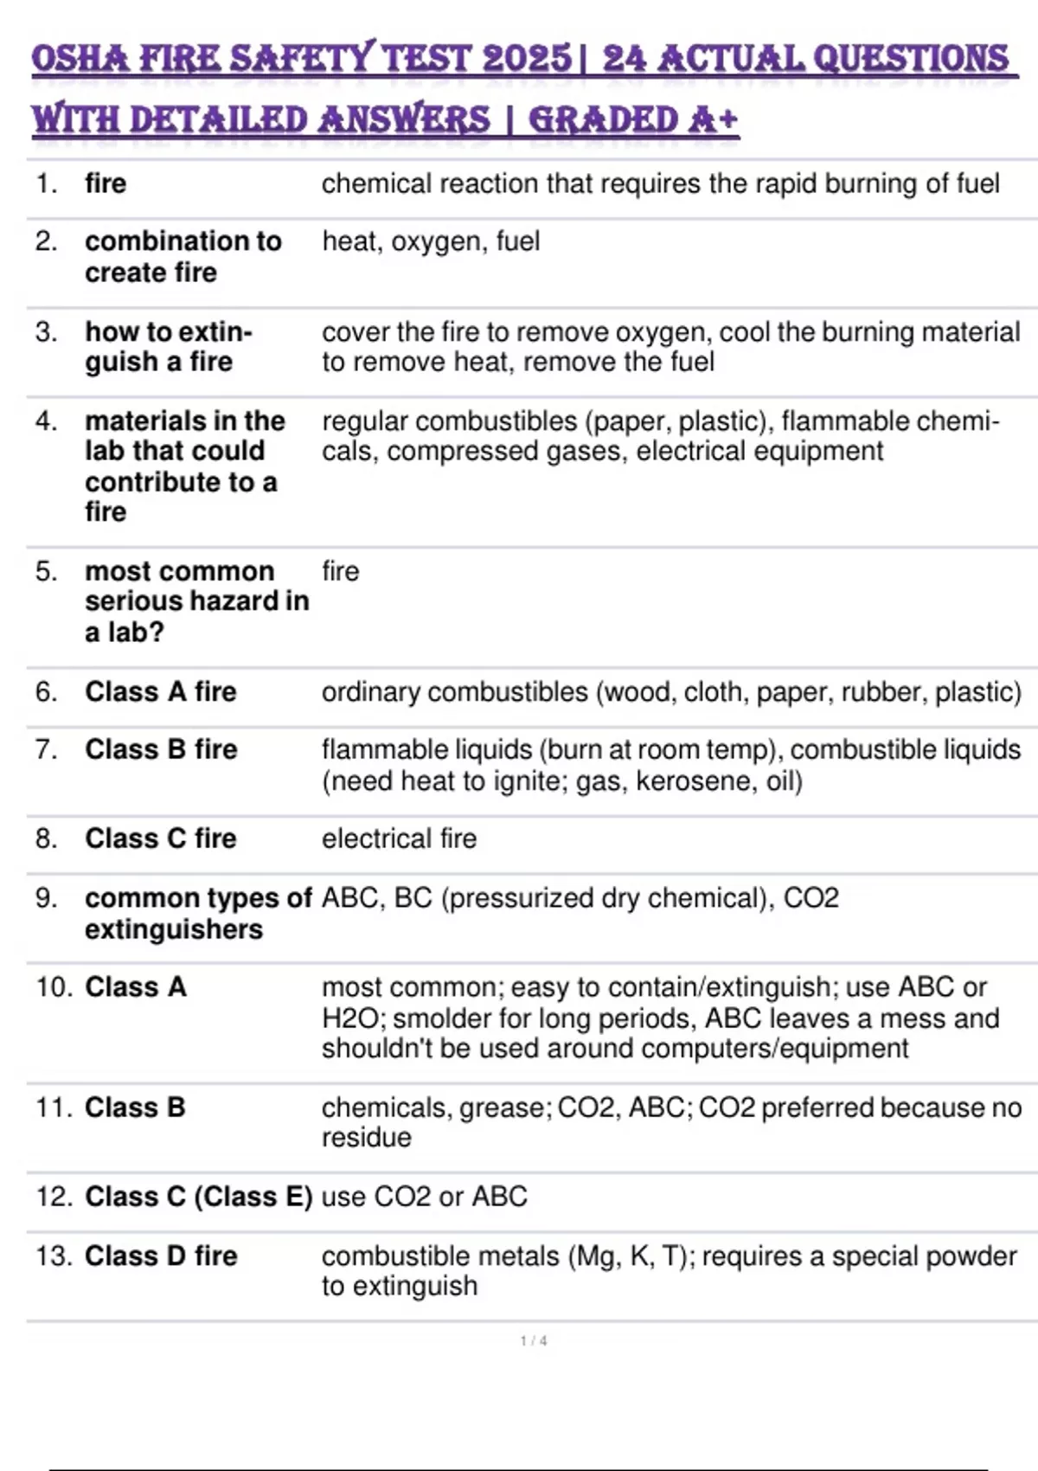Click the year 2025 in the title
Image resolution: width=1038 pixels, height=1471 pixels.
(x=526, y=59)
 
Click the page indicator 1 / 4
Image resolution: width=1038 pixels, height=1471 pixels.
(x=533, y=1341)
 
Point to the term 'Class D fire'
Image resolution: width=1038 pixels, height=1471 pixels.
(x=161, y=1256)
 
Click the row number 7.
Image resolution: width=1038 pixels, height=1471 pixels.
(x=46, y=749)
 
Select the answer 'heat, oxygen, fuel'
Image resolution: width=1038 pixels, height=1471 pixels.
(x=431, y=241)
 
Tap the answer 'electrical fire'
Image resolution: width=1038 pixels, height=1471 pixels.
(x=399, y=838)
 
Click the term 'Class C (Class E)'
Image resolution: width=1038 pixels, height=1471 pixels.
(x=198, y=1197)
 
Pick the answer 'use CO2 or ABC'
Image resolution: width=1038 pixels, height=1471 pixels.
(x=424, y=1197)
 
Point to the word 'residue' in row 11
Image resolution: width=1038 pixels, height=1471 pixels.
(x=366, y=1138)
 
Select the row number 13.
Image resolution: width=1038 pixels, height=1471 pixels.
(x=54, y=1256)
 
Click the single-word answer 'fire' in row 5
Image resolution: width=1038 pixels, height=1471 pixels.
(x=340, y=571)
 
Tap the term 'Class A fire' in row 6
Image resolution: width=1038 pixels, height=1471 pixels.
(x=160, y=692)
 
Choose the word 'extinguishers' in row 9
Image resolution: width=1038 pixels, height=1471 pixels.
(x=173, y=929)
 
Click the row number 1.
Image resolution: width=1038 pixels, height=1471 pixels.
(x=46, y=183)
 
